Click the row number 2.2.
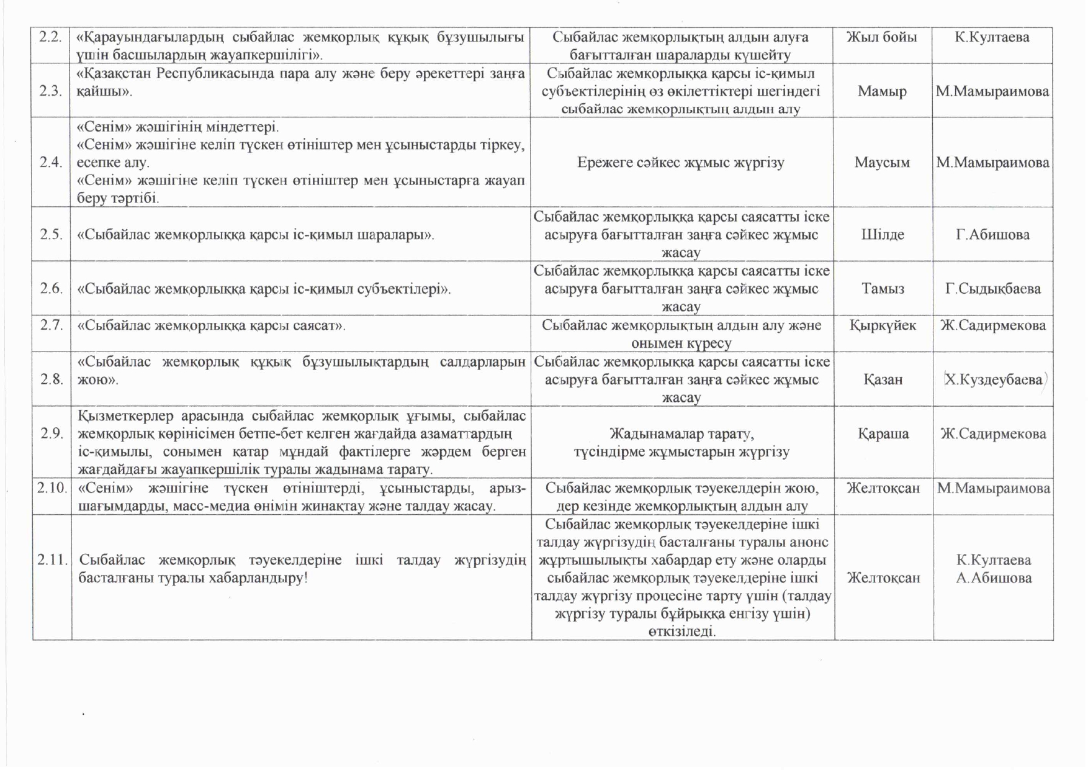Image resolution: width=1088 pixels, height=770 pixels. (x=50, y=37)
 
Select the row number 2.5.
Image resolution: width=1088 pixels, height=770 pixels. (x=52, y=235)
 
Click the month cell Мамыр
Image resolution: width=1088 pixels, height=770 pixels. (x=882, y=91)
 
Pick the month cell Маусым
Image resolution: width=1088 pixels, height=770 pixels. (x=882, y=163)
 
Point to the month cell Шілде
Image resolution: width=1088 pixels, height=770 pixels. (x=883, y=235)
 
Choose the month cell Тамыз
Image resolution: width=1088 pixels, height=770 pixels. (x=883, y=289)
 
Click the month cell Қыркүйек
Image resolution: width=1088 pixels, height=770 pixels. (x=883, y=325)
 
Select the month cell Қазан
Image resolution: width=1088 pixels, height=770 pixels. (x=883, y=379)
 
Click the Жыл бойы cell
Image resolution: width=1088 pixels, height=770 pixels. (x=881, y=37)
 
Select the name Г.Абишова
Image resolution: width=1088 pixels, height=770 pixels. (x=992, y=235)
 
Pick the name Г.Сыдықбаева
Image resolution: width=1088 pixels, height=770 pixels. (x=992, y=289)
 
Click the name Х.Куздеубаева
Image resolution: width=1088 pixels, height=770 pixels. (x=993, y=379)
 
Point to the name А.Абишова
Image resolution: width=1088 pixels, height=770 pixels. (x=994, y=578)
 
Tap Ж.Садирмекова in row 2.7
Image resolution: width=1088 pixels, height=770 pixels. (x=993, y=325)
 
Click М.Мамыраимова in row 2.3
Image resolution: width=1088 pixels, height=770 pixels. (x=992, y=91)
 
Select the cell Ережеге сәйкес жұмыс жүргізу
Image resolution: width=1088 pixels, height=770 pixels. (x=681, y=163)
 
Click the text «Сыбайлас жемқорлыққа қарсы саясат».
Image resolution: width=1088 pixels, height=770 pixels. (x=211, y=325)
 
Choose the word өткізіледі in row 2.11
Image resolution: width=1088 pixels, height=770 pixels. (x=682, y=632)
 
